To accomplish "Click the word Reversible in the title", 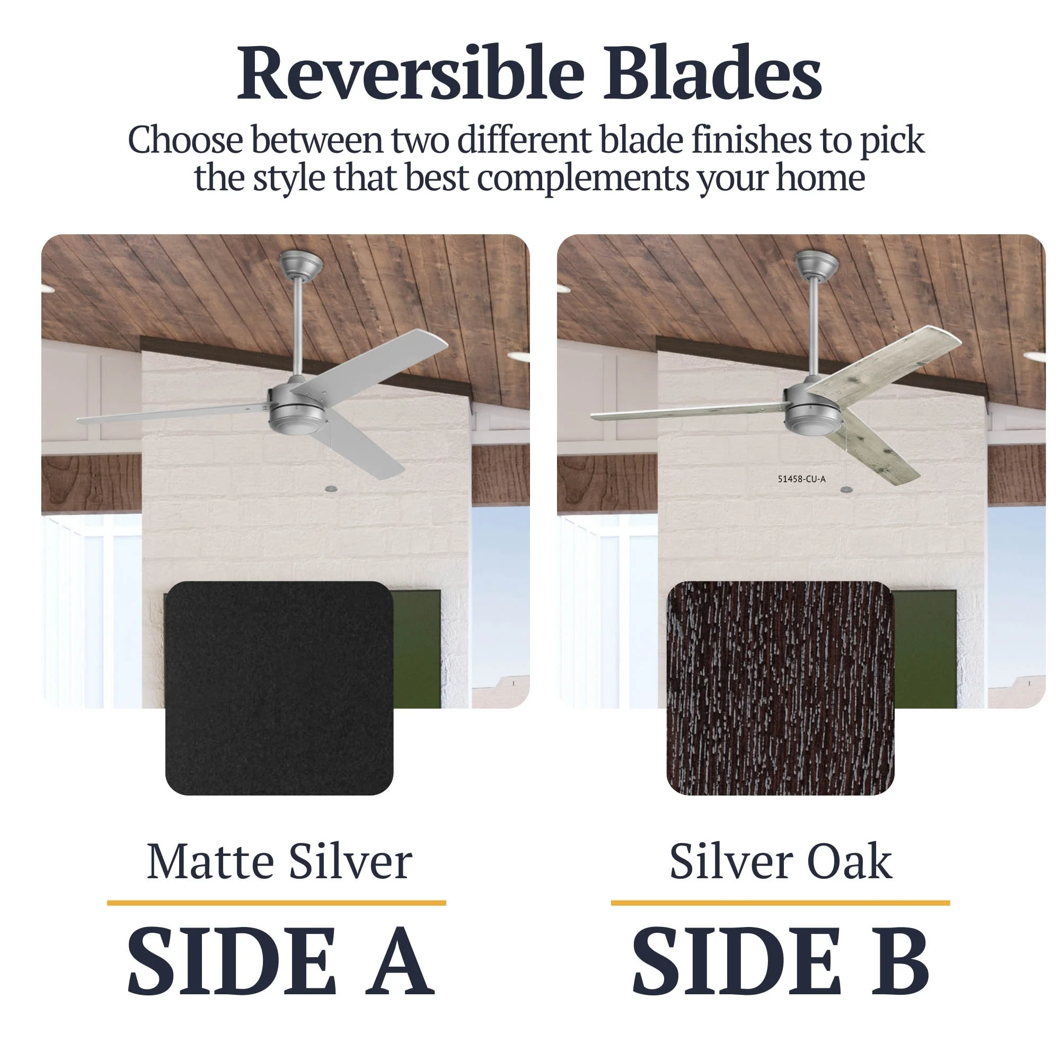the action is coord(411,73).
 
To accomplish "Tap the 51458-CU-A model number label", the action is coord(801,479).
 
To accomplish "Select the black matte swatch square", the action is coord(279,688).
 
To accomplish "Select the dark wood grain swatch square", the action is coord(780,688).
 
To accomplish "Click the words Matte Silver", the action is coord(279,862).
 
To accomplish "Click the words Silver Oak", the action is coord(781,862).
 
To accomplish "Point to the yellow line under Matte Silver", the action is coord(277,903).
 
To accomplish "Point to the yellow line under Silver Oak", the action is coord(780,903).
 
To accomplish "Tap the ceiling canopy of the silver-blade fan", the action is coord(300,264).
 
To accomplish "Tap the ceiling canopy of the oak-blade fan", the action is coord(816,264).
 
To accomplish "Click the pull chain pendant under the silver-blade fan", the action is coord(330,488).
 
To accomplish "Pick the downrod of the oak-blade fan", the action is coord(814,326).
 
